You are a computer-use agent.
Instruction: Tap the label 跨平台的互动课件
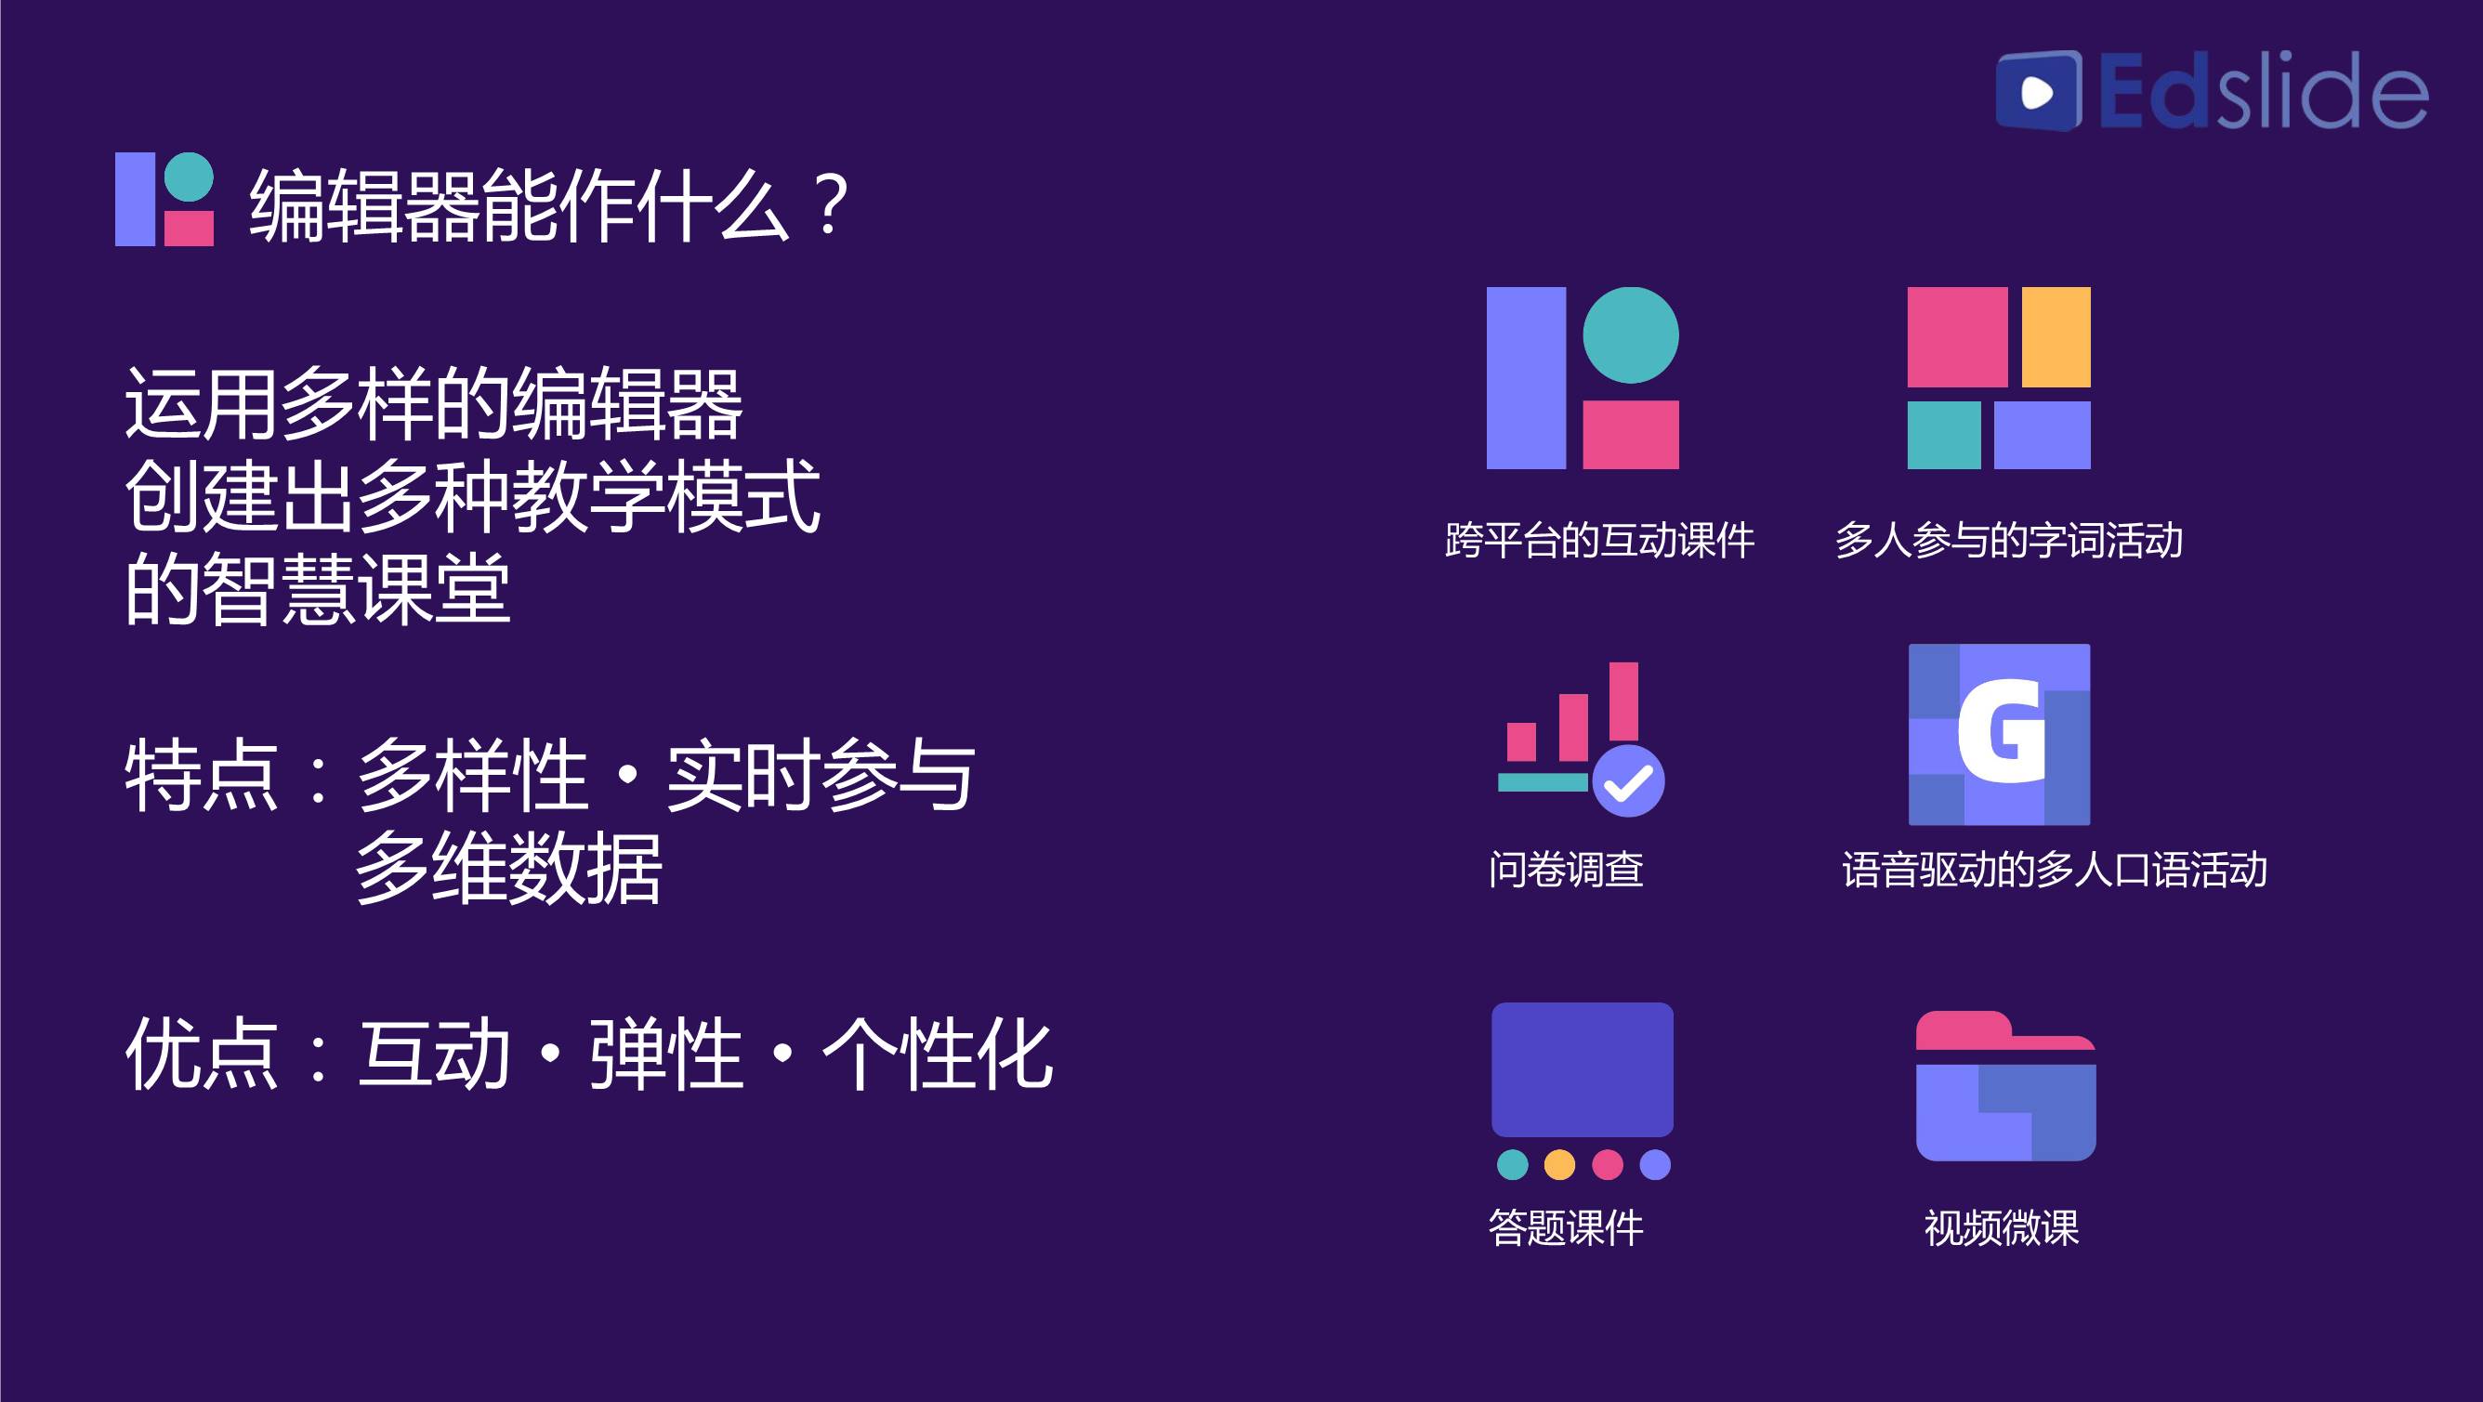1599,541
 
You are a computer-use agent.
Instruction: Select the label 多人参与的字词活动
2009,541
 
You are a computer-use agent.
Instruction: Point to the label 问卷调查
1567,869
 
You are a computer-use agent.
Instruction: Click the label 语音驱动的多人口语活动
2054,869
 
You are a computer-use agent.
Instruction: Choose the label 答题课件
1567,1227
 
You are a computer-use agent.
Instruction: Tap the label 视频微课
2002,1227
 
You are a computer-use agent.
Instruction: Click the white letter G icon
2001,731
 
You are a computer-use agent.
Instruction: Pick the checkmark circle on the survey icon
1628,781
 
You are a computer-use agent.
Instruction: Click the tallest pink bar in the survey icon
1624,701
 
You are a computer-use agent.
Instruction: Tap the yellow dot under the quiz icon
1559,1165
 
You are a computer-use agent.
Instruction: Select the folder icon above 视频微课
2006,1086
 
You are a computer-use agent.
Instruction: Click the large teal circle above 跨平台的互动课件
1631,335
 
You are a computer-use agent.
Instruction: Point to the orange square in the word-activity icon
2056,337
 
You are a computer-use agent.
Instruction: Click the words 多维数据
509,868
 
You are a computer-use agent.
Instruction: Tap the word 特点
203,776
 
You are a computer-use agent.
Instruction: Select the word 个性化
937,1055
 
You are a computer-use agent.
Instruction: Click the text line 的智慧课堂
318,589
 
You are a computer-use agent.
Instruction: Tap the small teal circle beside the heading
189,177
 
